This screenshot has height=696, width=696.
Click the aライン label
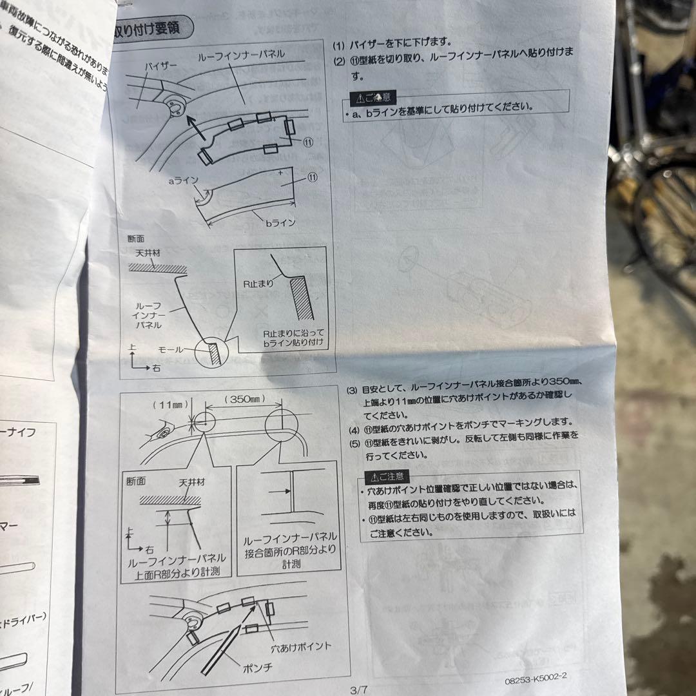click(183, 182)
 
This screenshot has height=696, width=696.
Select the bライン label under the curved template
click(280, 223)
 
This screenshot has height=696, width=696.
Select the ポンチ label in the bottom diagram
click(257, 668)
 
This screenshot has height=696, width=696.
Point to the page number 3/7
click(358, 689)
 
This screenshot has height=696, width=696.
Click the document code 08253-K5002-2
click(531, 679)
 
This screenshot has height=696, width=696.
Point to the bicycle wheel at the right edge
click(667, 219)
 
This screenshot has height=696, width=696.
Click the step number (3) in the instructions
click(352, 391)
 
